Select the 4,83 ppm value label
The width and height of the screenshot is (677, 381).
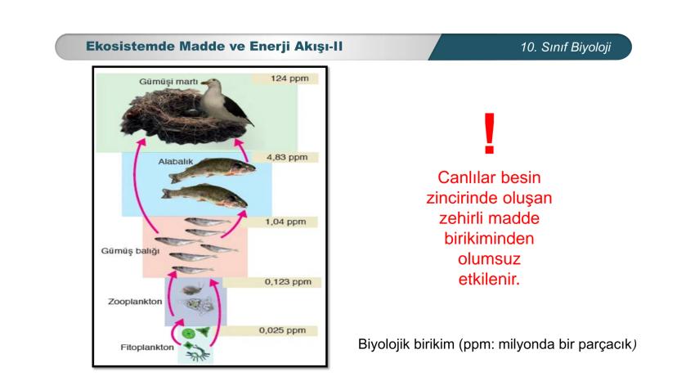pyautogui.click(x=287, y=156)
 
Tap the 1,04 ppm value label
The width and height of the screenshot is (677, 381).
pyautogui.click(x=285, y=222)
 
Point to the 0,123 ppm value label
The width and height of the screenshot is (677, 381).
pyautogui.click(x=288, y=282)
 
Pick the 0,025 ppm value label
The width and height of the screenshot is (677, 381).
pyautogui.click(x=282, y=330)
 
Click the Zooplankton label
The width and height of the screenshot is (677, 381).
pyautogui.click(x=135, y=301)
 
